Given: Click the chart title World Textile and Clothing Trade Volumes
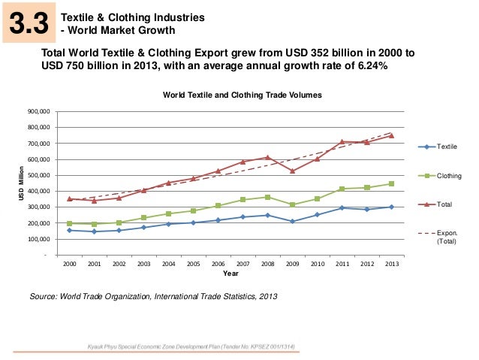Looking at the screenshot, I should pos(242,95).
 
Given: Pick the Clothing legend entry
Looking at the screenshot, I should pos(450,175).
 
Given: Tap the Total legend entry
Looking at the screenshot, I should pos(445,204).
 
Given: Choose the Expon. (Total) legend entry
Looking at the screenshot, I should pos(446,237).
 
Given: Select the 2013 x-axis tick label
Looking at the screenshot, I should pos(391,265).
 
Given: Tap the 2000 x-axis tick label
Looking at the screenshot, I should pos(70,265).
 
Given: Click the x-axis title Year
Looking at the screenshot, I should pos(230,274).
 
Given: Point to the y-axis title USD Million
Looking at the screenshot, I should pos(22,183).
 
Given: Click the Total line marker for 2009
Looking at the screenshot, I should pos(293,171).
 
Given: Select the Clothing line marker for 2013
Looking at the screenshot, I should pos(391,184).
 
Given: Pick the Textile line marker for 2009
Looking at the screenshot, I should pos(293,222).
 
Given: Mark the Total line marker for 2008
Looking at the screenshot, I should pos(268,158).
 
